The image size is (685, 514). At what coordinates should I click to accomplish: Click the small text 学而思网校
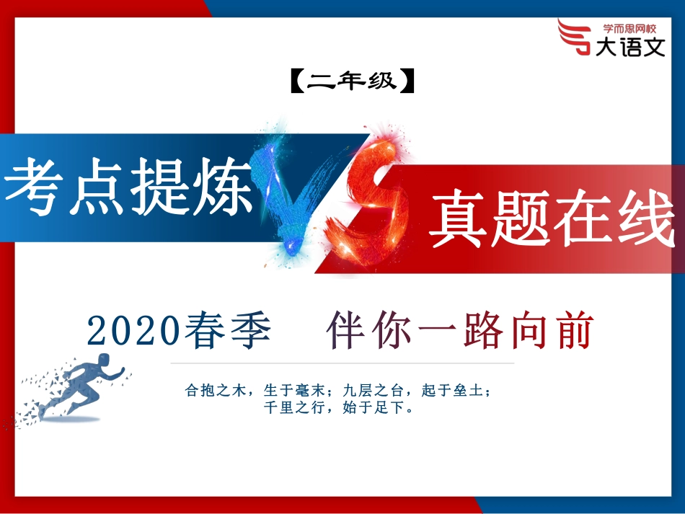point(629,29)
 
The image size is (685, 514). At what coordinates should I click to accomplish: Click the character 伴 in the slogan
point(344,332)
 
